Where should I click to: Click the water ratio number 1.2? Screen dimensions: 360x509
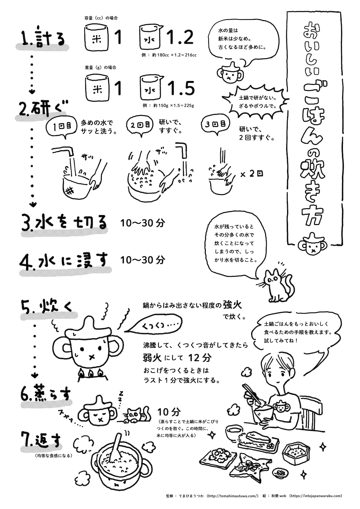coord(180,37)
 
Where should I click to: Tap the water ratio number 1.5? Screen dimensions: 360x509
coord(181,88)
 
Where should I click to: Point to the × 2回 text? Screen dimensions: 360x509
coord(252,174)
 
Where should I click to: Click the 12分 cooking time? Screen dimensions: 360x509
coord(200,358)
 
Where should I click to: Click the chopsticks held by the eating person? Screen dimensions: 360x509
coord(251,394)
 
